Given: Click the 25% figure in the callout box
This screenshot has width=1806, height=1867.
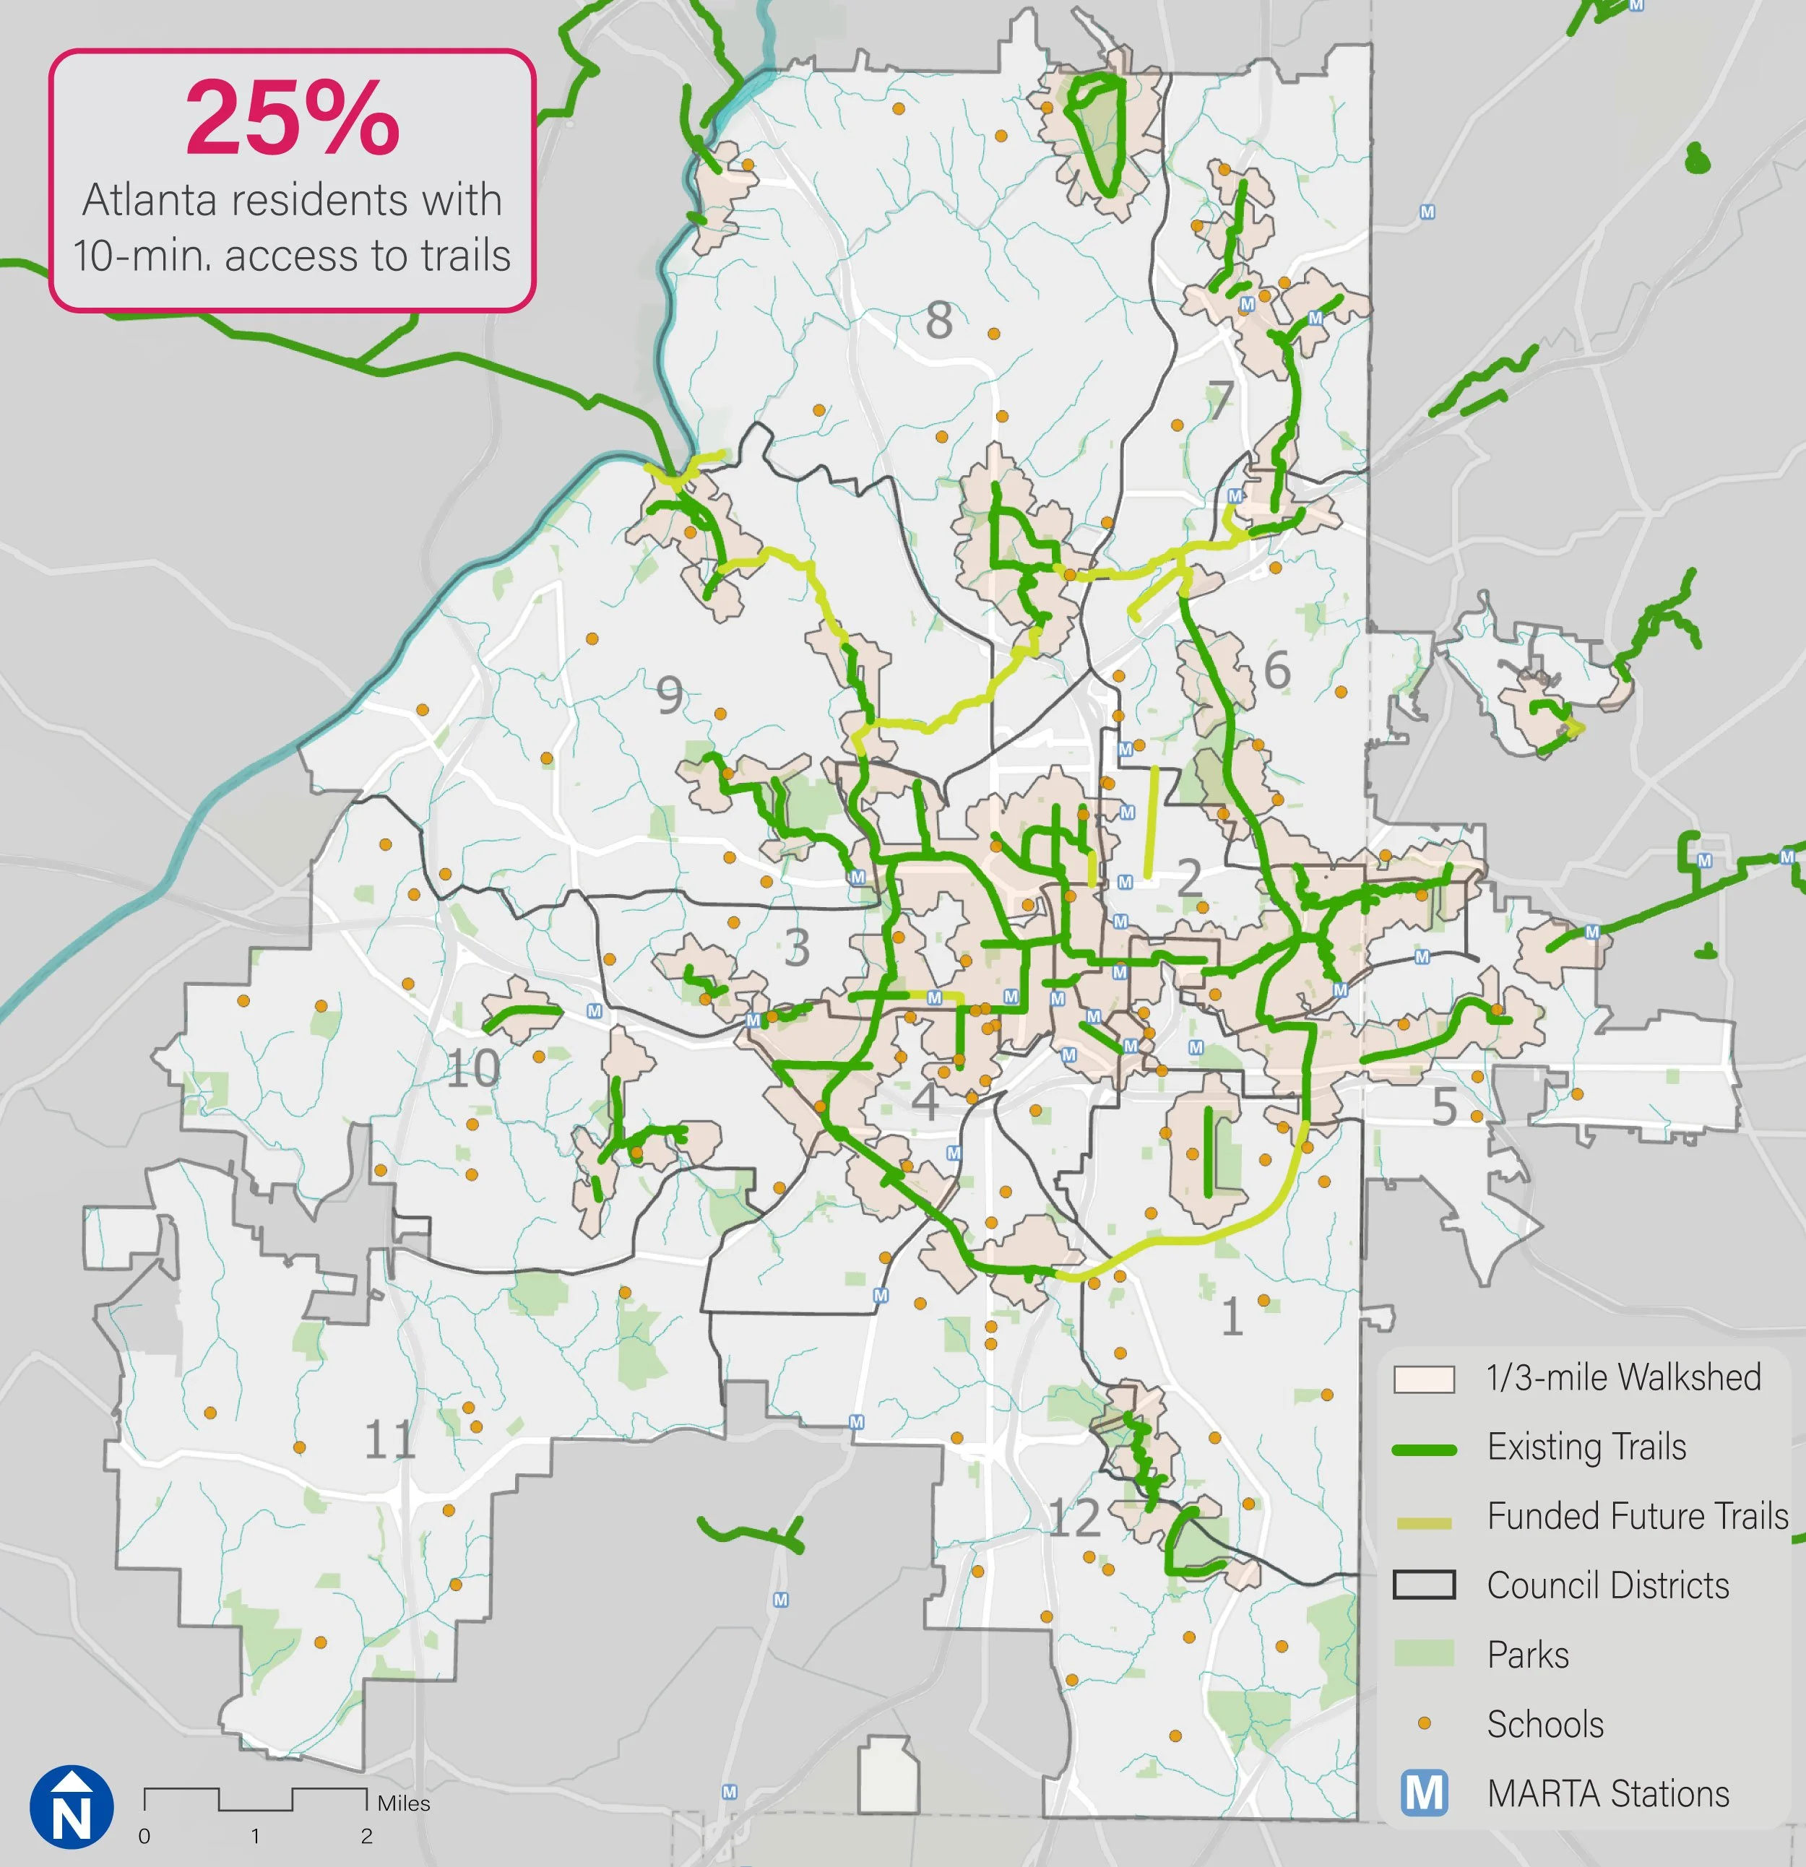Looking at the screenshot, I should [x=293, y=118].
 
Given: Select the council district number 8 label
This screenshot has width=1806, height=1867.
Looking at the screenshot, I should [x=939, y=320].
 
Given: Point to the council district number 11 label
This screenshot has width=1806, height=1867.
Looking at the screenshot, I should [x=389, y=1439].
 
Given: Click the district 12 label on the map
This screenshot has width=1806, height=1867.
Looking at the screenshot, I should [x=1074, y=1517].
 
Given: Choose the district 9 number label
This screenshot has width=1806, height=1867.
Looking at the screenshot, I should [x=670, y=696].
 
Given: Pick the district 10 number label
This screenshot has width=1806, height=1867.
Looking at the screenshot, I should [x=473, y=1069].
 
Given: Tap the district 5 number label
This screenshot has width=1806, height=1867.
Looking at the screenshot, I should [x=1444, y=1108].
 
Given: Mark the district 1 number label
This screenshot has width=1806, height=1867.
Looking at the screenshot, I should [x=1232, y=1317].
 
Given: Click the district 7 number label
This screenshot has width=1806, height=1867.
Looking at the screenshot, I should [x=1220, y=401].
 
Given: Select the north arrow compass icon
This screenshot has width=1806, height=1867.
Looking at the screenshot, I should [x=72, y=1807].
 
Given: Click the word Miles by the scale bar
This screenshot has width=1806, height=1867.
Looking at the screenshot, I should [x=403, y=1803].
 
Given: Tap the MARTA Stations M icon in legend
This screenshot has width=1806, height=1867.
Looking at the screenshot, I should [x=1424, y=1793].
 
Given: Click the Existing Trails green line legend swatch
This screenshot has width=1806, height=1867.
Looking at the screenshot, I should [x=1424, y=1450].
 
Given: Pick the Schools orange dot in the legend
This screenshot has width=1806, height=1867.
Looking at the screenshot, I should [x=1424, y=1723].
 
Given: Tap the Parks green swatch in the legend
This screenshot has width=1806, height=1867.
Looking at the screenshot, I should [x=1424, y=1654].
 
